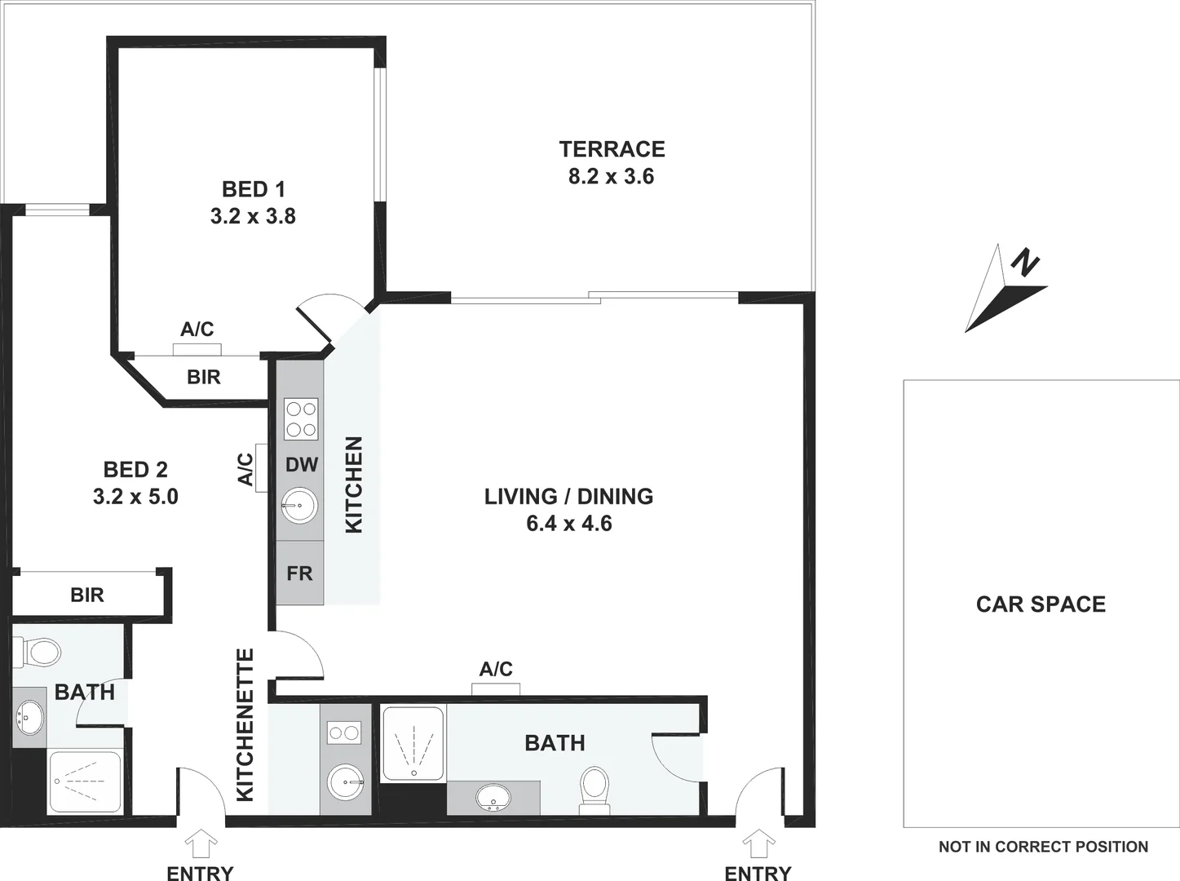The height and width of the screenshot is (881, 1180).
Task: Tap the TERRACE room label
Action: tap(612, 149)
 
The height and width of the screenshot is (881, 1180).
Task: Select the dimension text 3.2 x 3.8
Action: tap(253, 216)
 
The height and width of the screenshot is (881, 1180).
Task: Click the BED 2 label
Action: tap(135, 470)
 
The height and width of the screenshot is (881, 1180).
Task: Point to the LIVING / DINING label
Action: tap(568, 497)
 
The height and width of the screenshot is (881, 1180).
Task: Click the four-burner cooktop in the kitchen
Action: tap(300, 419)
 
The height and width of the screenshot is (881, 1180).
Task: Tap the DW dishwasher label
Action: tap(301, 465)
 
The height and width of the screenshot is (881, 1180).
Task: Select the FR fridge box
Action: tap(299, 573)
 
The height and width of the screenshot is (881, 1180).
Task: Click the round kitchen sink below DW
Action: tap(299, 507)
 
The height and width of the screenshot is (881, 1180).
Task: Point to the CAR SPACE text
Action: tap(1041, 604)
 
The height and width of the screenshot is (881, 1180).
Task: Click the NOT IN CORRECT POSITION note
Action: tap(1043, 847)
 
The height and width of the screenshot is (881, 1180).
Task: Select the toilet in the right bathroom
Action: tap(594, 788)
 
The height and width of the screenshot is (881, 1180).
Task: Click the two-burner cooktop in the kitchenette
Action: tap(343, 733)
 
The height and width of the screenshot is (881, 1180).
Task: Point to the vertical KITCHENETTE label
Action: tap(245, 724)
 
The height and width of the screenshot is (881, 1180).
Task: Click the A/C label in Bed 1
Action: tap(197, 329)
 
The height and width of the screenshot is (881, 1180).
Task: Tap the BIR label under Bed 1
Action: tap(203, 377)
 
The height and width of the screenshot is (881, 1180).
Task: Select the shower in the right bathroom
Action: tap(413, 742)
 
